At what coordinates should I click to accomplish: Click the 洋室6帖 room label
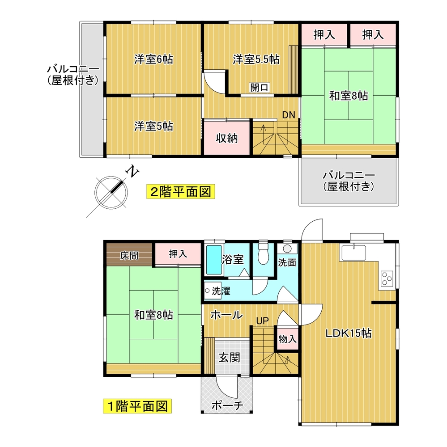153,59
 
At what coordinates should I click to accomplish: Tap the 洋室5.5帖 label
256,59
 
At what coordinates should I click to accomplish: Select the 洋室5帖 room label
153,126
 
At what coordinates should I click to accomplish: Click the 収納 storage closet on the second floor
227,137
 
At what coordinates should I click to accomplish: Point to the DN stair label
289,115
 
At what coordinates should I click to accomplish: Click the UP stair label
262,320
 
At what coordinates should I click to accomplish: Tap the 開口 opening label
260,87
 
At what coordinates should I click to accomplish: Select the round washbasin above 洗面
286,249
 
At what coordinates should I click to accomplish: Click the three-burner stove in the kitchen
387,279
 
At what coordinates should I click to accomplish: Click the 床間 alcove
129,255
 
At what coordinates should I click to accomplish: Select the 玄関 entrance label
229,357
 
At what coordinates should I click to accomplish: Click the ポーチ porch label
227,405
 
